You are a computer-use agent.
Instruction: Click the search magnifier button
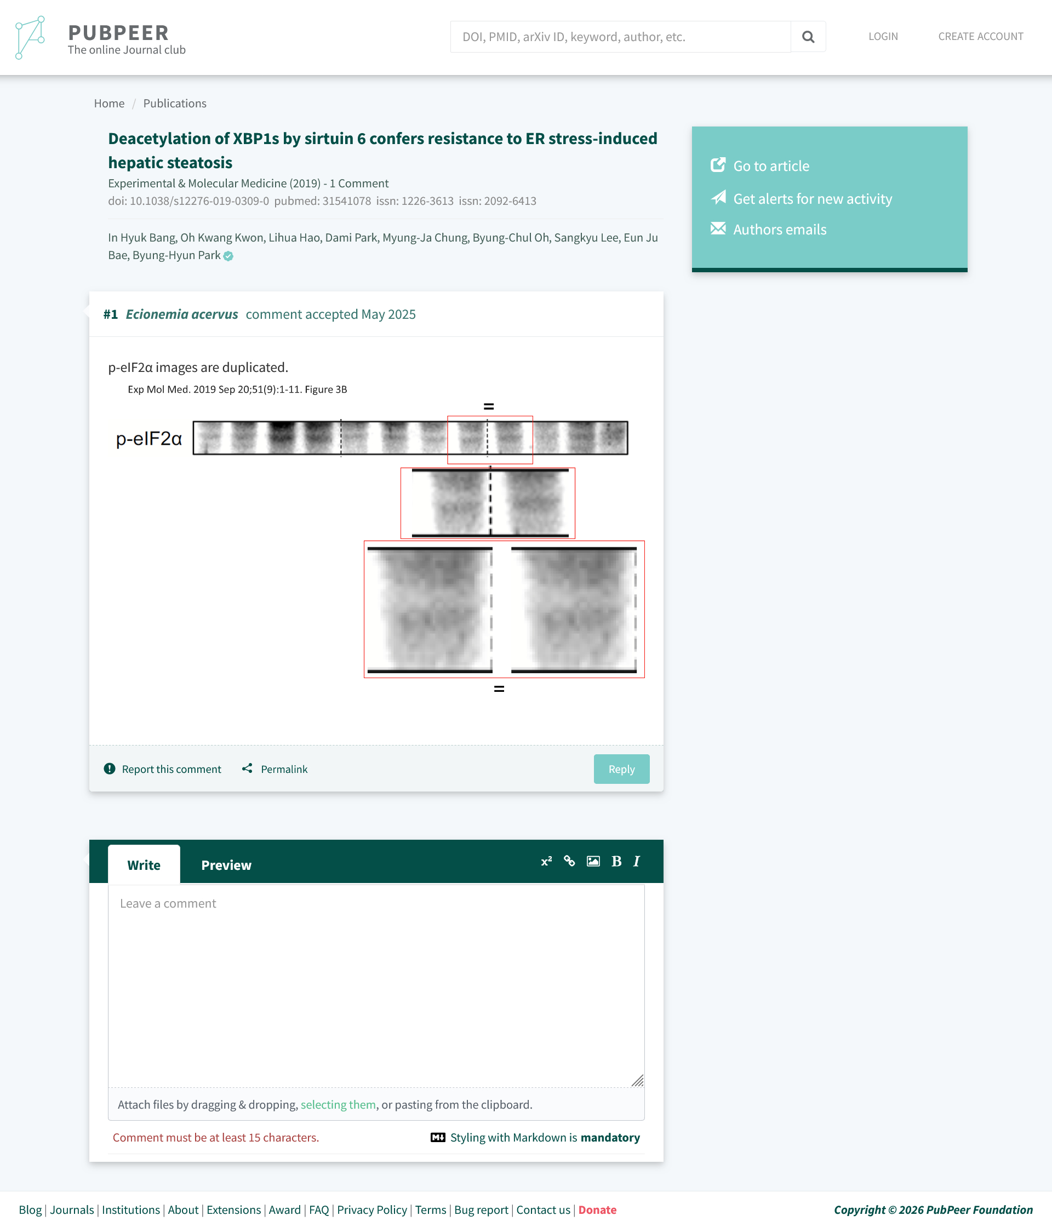[808, 37]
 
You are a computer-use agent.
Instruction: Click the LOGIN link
[883, 36]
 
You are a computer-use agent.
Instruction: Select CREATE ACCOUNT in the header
[980, 36]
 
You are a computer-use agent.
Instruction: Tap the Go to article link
[770, 166]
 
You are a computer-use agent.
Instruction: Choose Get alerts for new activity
[812, 198]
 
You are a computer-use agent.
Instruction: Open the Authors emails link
[780, 229]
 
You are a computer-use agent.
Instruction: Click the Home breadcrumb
[109, 103]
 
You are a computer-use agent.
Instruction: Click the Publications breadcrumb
[175, 103]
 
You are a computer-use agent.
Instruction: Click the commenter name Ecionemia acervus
[182, 314]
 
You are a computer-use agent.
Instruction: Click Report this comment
[171, 769]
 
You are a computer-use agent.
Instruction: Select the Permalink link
[284, 769]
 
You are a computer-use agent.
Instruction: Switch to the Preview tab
[226, 864]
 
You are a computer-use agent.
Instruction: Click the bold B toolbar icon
[616, 861]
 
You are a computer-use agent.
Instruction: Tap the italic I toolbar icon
[637, 861]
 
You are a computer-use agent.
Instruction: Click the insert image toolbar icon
[593, 861]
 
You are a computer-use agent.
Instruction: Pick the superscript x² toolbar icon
[546, 861]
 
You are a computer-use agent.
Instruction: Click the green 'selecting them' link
[338, 1104]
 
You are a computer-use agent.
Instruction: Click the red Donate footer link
[597, 1209]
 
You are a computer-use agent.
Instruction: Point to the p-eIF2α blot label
[148, 439]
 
